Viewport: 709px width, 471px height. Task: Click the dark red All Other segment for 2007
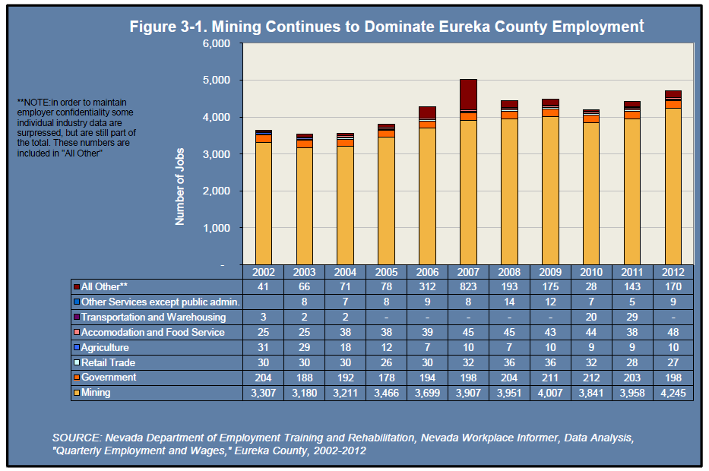[468, 94]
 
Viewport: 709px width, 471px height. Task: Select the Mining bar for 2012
[673, 186]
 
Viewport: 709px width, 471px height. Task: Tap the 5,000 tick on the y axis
[216, 80]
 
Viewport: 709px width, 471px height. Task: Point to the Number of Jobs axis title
[179, 186]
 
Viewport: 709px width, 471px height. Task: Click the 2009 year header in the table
[550, 272]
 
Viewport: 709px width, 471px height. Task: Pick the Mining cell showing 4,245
[673, 393]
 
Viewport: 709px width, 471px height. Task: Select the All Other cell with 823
[468, 286]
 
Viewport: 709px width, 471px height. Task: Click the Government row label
[109, 378]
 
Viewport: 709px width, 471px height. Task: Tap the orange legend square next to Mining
[77, 393]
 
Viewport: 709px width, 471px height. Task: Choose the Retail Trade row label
[108, 362]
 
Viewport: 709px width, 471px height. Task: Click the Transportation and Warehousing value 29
[631, 317]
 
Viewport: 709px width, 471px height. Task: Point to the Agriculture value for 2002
[263, 347]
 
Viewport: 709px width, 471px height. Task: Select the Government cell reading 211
[550, 378]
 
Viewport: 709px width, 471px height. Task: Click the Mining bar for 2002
[263, 204]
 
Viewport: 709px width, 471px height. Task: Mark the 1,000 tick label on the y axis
[216, 228]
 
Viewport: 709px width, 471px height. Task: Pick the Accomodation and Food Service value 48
[673, 332]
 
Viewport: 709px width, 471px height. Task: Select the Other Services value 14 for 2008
[509, 302]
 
